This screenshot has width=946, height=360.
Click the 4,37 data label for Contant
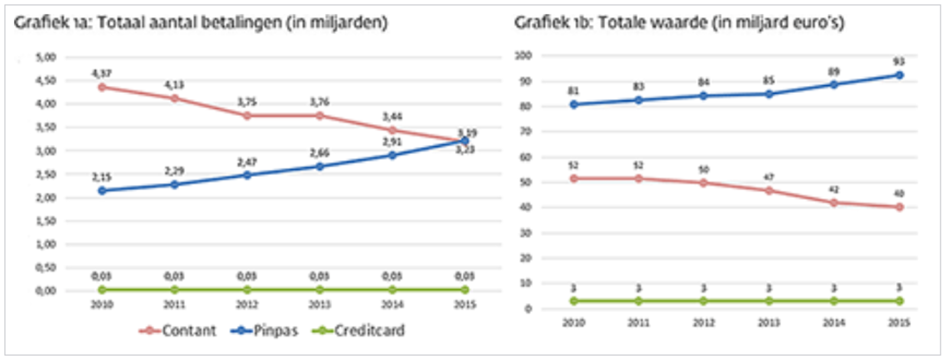click(x=102, y=73)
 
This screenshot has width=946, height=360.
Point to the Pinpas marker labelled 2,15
click(x=102, y=190)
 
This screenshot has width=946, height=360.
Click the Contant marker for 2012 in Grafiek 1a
click(x=247, y=115)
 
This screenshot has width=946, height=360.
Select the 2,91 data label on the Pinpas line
click(x=391, y=142)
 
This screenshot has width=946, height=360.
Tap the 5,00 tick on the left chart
click(x=46, y=57)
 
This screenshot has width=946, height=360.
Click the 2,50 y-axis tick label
click(x=46, y=174)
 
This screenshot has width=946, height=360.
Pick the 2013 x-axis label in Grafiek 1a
click(x=319, y=304)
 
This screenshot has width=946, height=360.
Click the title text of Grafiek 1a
click(x=200, y=22)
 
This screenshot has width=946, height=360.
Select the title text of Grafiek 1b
click(x=679, y=22)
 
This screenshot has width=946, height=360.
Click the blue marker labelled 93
click(x=899, y=75)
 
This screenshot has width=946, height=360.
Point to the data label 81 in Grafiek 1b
click(x=573, y=91)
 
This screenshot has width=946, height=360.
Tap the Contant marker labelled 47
click(x=769, y=190)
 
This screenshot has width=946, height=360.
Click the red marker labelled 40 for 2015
click(x=899, y=207)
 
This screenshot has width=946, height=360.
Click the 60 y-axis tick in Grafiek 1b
click(x=525, y=157)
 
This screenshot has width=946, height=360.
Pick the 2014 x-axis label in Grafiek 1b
click(x=834, y=323)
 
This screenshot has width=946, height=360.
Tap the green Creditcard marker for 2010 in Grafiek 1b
click(x=573, y=301)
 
